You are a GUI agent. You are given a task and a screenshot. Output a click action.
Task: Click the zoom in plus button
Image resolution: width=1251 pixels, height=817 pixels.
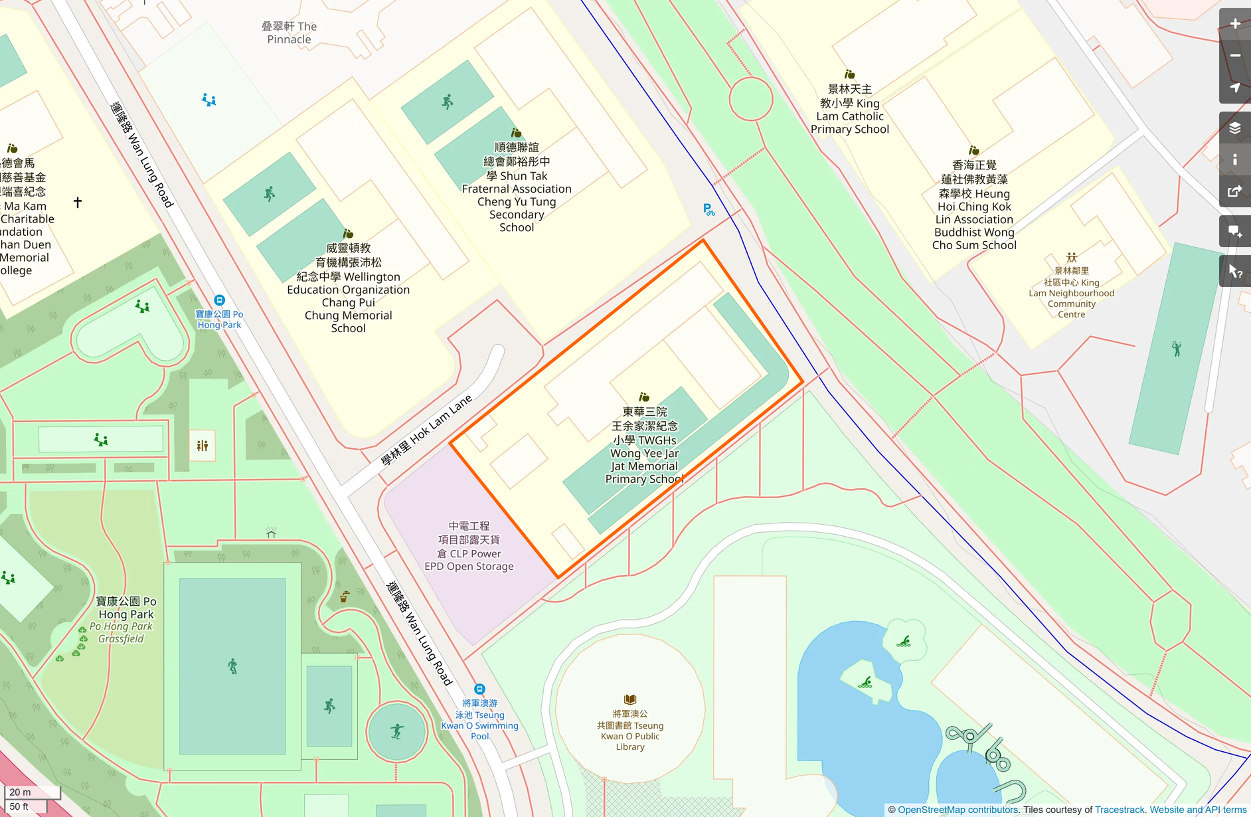(x=1234, y=24)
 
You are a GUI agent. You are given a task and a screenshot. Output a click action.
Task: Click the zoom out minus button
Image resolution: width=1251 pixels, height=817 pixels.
(x=1234, y=56)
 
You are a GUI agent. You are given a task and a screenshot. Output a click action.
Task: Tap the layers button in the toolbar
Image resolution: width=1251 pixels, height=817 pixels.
(x=1234, y=128)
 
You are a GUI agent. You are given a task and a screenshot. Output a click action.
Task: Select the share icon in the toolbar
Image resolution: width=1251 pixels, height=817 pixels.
(x=1234, y=192)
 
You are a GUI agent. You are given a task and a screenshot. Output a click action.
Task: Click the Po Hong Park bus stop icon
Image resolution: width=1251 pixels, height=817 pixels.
(x=219, y=300)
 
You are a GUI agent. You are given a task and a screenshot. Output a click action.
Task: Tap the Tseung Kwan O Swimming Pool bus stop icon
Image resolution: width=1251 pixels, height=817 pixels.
(x=479, y=689)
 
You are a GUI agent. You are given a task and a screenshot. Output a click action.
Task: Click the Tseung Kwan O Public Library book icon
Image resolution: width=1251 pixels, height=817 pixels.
(x=630, y=699)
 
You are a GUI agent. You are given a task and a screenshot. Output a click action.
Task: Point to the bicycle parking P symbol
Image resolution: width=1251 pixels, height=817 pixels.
(x=709, y=210)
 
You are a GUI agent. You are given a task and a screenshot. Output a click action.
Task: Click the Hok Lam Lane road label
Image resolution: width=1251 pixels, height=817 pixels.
(x=426, y=430)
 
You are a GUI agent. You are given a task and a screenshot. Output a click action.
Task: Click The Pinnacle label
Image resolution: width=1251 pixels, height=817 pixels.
(x=289, y=33)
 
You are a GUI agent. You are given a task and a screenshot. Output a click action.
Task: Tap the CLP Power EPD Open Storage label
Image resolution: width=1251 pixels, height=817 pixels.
(x=469, y=546)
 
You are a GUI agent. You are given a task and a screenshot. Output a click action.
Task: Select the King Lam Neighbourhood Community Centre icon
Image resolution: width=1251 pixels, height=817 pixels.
(x=1071, y=257)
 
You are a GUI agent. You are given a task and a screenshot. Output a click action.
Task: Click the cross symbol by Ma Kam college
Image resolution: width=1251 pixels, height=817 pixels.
(x=78, y=202)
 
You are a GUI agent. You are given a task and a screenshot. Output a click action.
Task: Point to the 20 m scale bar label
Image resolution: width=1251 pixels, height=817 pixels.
(x=21, y=792)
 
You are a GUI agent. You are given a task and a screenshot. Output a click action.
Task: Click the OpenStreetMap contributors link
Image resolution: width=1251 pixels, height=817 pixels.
(x=958, y=810)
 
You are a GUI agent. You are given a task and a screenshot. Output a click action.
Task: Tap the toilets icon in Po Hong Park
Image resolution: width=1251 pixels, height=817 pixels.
(x=203, y=446)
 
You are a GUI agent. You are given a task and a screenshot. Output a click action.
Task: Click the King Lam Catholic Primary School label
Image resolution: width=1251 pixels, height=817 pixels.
(x=849, y=109)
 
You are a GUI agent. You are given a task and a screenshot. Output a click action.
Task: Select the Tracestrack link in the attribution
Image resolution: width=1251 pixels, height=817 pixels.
(x=1120, y=810)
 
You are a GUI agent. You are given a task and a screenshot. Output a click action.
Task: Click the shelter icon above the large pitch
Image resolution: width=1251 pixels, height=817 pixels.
(x=271, y=533)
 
